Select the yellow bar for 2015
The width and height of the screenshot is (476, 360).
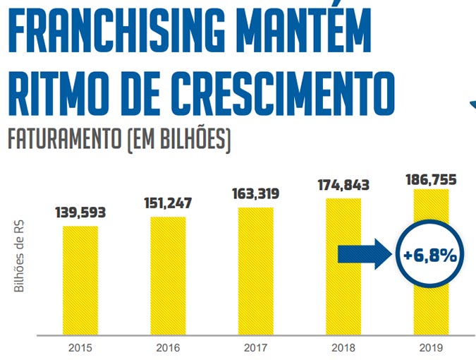tap(80, 280)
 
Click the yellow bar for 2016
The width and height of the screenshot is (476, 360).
tap(168, 276)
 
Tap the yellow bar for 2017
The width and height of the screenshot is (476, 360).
tap(255, 271)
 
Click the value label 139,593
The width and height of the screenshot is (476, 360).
tap(80, 212)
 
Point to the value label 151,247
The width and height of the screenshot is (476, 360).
tap(168, 203)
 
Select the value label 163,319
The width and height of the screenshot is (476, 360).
tap(255, 194)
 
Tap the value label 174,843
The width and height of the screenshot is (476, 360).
tap(343, 185)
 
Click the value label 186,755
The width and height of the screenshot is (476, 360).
tap(431, 180)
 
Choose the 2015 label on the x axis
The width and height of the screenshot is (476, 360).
tap(80, 347)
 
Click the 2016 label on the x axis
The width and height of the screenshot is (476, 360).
tap(168, 347)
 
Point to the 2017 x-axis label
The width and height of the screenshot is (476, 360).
tap(255, 347)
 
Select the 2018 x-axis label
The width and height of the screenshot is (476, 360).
tap(343, 347)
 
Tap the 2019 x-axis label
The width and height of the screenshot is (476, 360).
tap(431, 347)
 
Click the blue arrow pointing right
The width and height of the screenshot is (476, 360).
tap(365, 254)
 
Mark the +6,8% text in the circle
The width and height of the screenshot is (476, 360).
tap(430, 256)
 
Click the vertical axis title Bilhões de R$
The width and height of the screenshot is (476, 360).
tap(19, 256)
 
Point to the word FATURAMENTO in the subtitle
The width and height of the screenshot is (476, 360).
tap(64, 139)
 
